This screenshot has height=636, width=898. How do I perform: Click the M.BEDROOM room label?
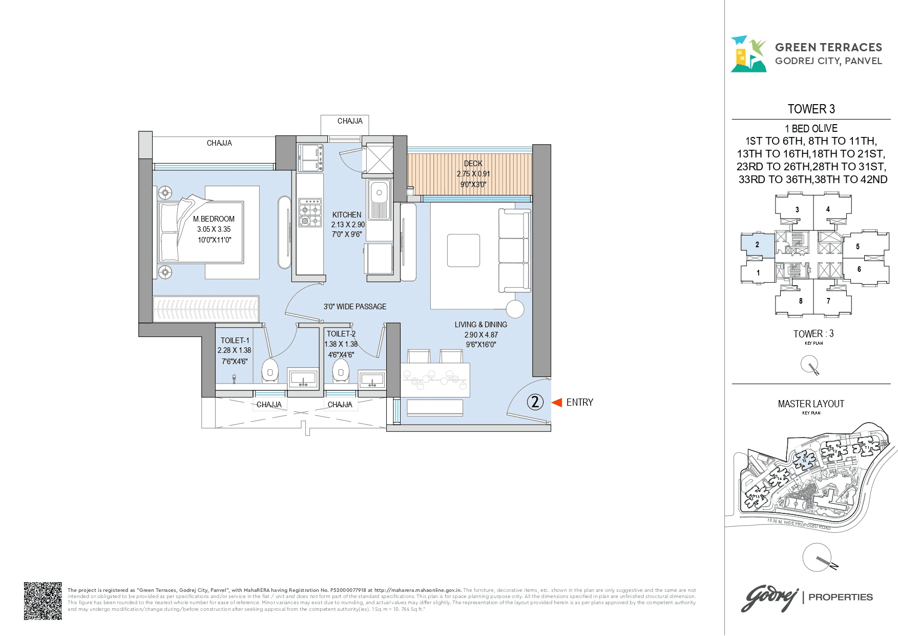(214, 219)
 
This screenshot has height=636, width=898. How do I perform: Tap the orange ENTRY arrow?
(557, 403)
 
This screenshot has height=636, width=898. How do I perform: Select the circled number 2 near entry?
(535, 402)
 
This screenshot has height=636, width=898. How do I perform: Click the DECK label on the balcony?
(473, 164)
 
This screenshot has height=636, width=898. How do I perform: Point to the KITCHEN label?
(347, 215)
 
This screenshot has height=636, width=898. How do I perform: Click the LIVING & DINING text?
(481, 325)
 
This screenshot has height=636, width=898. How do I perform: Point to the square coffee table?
(463, 250)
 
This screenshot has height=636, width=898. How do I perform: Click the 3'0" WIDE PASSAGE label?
(355, 307)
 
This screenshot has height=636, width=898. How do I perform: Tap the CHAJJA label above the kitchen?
(350, 121)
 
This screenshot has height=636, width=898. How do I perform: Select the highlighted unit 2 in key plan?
(757, 245)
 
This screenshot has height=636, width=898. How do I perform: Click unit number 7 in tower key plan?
(828, 301)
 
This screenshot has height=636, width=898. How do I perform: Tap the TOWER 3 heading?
(811, 109)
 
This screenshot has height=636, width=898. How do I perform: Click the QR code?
(43, 601)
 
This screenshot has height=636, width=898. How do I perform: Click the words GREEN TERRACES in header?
(828, 48)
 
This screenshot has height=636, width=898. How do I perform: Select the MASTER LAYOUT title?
(811, 404)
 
